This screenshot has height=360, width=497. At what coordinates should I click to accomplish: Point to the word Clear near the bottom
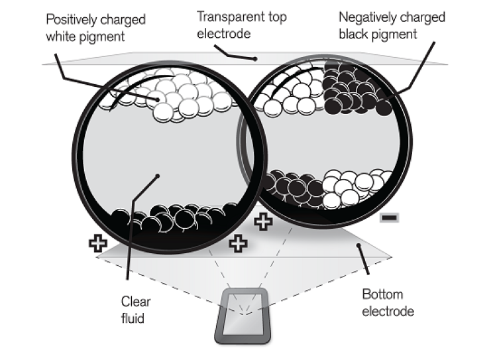tap(136, 301)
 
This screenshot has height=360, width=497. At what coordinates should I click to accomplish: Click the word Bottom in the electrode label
tap(382, 294)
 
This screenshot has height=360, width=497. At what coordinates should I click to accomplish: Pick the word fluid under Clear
tap(133, 318)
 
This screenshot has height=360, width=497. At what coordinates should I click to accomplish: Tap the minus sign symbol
tap(389, 217)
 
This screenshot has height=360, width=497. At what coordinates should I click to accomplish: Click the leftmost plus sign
tap(98, 243)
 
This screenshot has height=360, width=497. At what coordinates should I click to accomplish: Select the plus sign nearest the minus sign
tap(263, 221)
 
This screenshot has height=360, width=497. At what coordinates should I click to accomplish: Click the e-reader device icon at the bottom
tap(243, 316)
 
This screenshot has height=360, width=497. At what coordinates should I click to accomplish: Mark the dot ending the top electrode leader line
tap(255, 59)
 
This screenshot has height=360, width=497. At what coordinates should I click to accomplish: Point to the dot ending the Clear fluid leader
tap(158, 176)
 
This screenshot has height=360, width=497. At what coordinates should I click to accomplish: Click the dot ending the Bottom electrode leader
tap(359, 245)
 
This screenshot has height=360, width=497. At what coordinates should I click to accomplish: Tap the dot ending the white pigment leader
tap(158, 99)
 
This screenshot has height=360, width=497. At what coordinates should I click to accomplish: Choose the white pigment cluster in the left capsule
tap(171, 95)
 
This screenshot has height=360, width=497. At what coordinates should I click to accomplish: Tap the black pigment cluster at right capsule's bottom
tap(293, 189)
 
